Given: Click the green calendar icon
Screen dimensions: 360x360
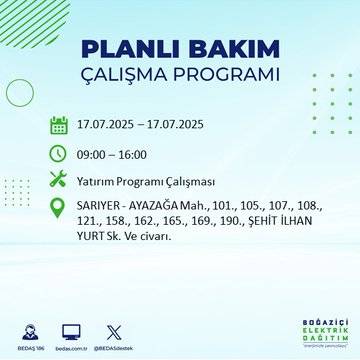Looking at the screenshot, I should click(x=59, y=125).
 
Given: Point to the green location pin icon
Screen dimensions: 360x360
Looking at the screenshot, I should click(x=59, y=209).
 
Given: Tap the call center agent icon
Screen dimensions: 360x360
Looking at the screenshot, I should click(x=33, y=330).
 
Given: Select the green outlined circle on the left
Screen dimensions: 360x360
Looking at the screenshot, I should click(x=20, y=93).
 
